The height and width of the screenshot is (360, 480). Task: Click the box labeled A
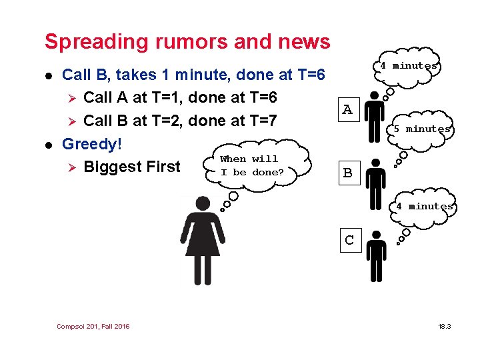347,109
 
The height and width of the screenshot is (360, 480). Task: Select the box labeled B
347,173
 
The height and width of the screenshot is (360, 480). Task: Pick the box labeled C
349,240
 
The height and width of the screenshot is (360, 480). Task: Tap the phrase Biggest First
132,166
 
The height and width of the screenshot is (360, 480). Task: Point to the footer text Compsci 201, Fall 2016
93,326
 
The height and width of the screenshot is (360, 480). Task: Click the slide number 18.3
445,326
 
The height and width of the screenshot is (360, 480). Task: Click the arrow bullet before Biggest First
73,167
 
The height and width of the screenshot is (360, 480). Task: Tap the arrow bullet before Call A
73,98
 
